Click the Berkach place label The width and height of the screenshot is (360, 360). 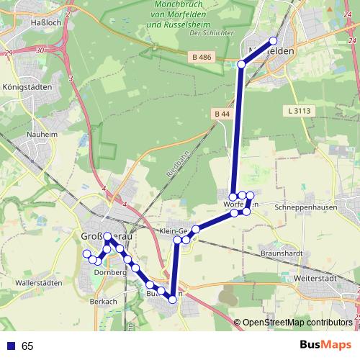pyautogui.click(x=104, y=301)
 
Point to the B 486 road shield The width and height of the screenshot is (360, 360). pyautogui.click(x=202, y=56)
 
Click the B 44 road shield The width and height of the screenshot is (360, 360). pyautogui.click(x=222, y=114)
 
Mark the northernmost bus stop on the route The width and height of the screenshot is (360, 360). pyautogui.click(x=273, y=40)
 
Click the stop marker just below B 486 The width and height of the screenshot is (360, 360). pyautogui.click(x=242, y=65)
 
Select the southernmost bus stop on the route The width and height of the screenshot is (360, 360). pyautogui.click(x=173, y=301)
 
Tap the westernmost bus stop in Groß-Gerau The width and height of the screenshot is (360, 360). pyautogui.click(x=87, y=253)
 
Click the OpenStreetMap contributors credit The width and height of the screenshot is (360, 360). pyautogui.click(x=297, y=323)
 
